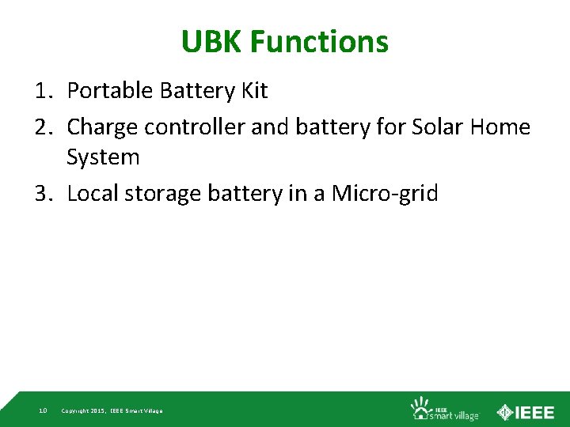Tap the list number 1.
(x=43, y=91)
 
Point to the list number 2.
(x=43, y=127)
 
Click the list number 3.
(x=43, y=194)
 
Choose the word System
(x=103, y=157)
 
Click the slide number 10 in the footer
(x=43, y=410)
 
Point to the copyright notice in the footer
(x=112, y=410)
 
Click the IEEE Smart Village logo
(x=444, y=409)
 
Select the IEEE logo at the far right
(x=526, y=411)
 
